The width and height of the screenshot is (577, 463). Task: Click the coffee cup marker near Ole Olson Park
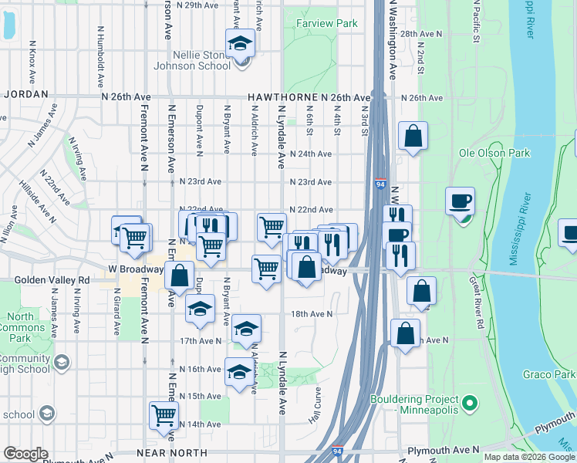pyautogui.click(x=461, y=201)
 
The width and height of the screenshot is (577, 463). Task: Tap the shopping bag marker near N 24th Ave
pyautogui.click(x=413, y=136)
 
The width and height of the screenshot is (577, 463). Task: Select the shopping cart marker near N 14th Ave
pyautogui.click(x=164, y=414)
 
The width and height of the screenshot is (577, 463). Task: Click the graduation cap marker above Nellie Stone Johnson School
pyautogui.click(x=240, y=42)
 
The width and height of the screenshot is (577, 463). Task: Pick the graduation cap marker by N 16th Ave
pyautogui.click(x=239, y=371)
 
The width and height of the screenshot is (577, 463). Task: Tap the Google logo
pyautogui.click(x=25, y=454)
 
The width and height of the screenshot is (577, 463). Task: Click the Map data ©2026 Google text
pyautogui.click(x=530, y=457)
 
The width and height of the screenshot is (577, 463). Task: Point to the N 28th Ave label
pyautogui.click(x=421, y=34)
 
